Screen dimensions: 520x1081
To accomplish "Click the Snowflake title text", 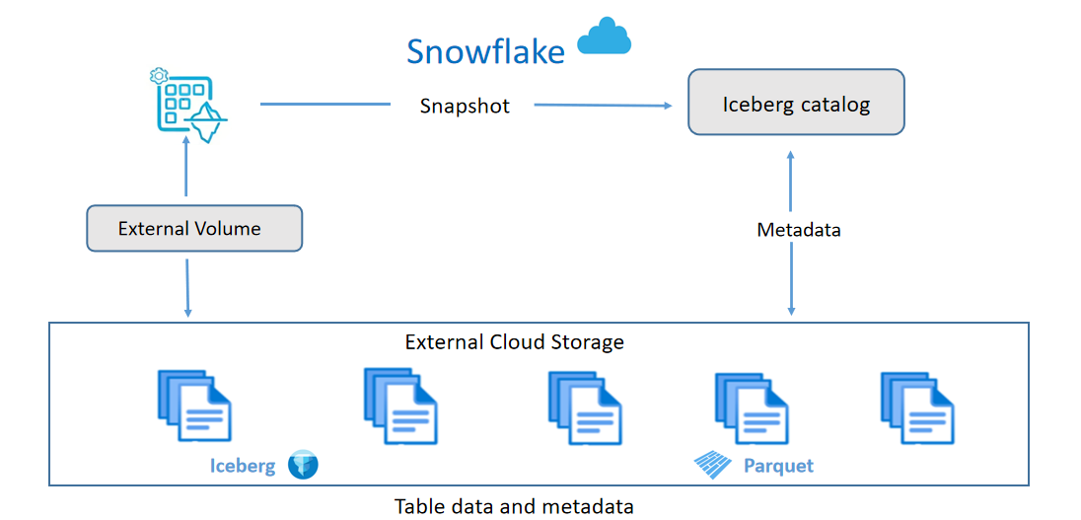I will pos(485,51).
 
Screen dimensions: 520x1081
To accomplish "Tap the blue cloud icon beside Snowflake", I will pos(604,37).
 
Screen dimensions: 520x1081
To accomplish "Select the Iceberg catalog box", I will pos(796,103).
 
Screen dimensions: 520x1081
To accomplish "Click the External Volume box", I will pos(193,228).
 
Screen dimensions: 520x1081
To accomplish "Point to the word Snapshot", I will pos(465,106).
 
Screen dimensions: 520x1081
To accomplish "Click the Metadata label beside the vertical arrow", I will pos(799,230).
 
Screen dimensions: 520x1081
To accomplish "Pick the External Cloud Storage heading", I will pos(514,342).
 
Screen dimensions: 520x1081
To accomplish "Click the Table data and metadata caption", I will pos(514,506).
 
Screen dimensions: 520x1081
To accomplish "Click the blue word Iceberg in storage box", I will pos(243,465).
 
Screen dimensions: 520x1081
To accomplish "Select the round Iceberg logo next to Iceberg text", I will pos(303,465).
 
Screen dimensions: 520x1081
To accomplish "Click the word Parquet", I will pos(779,465).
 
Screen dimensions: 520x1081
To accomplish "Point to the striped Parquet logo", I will pos(714,464).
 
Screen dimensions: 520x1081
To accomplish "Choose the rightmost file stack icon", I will pos(917,406).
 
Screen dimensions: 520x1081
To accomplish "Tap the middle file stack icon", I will pos(584,406).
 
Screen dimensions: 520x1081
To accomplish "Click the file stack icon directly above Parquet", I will pos(751,406).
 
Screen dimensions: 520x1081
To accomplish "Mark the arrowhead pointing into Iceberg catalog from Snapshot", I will pos(668,106).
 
